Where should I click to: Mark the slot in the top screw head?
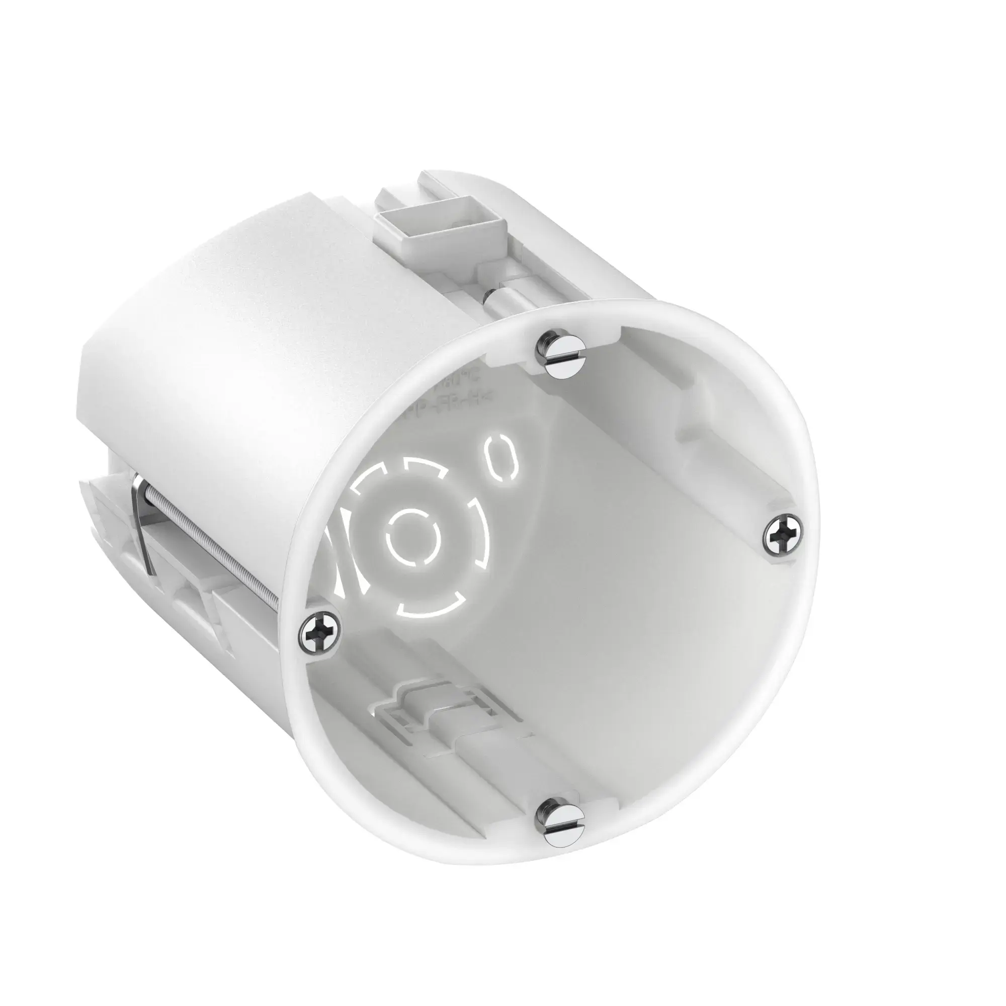pos(566,356)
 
